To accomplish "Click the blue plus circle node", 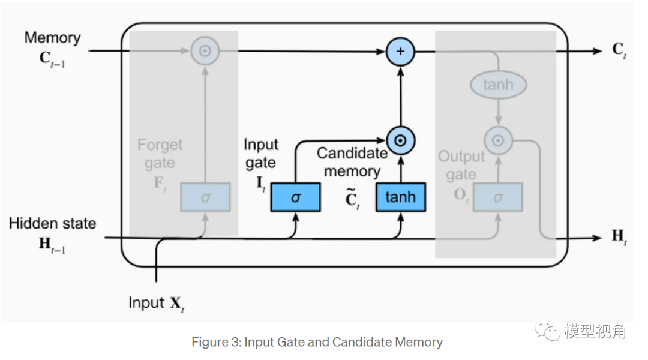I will (401, 51).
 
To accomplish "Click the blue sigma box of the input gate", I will (295, 197).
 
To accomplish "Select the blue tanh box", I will (400, 197).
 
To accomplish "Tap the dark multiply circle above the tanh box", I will (401, 141).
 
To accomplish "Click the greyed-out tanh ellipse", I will (498, 85).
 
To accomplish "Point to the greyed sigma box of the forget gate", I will (205, 197).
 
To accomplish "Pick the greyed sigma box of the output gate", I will (497, 197).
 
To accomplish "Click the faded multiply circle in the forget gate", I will (205, 51).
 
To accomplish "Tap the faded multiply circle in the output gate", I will (497, 141).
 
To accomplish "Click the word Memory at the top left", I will (52, 38).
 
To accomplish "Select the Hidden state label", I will (52, 223).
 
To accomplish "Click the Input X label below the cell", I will (155, 303).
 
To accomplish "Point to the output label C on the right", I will (619, 50).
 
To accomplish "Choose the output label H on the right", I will (619, 237).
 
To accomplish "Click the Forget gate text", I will (160, 154).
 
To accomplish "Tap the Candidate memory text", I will (352, 162).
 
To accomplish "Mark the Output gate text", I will (461, 166).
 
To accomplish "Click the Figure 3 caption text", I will (317, 343).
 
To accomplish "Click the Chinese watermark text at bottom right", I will (594, 331).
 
